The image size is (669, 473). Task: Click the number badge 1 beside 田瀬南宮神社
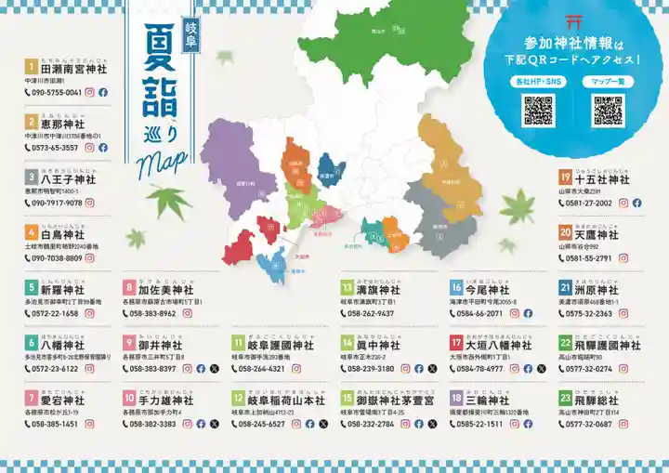coord(31,67)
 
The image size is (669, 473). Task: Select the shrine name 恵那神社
coord(62,122)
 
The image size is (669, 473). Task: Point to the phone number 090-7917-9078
coord(57,203)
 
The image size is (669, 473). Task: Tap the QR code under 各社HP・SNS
coord(538,110)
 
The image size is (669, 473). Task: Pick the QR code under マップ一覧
coord(609,110)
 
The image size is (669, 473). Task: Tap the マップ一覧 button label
coord(609,82)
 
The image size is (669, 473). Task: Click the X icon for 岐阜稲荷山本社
coord(323,424)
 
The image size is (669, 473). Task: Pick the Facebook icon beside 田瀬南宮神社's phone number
coord(103,93)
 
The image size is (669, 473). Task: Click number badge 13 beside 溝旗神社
coord(347,288)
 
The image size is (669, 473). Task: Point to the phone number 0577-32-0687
coord(586,424)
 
